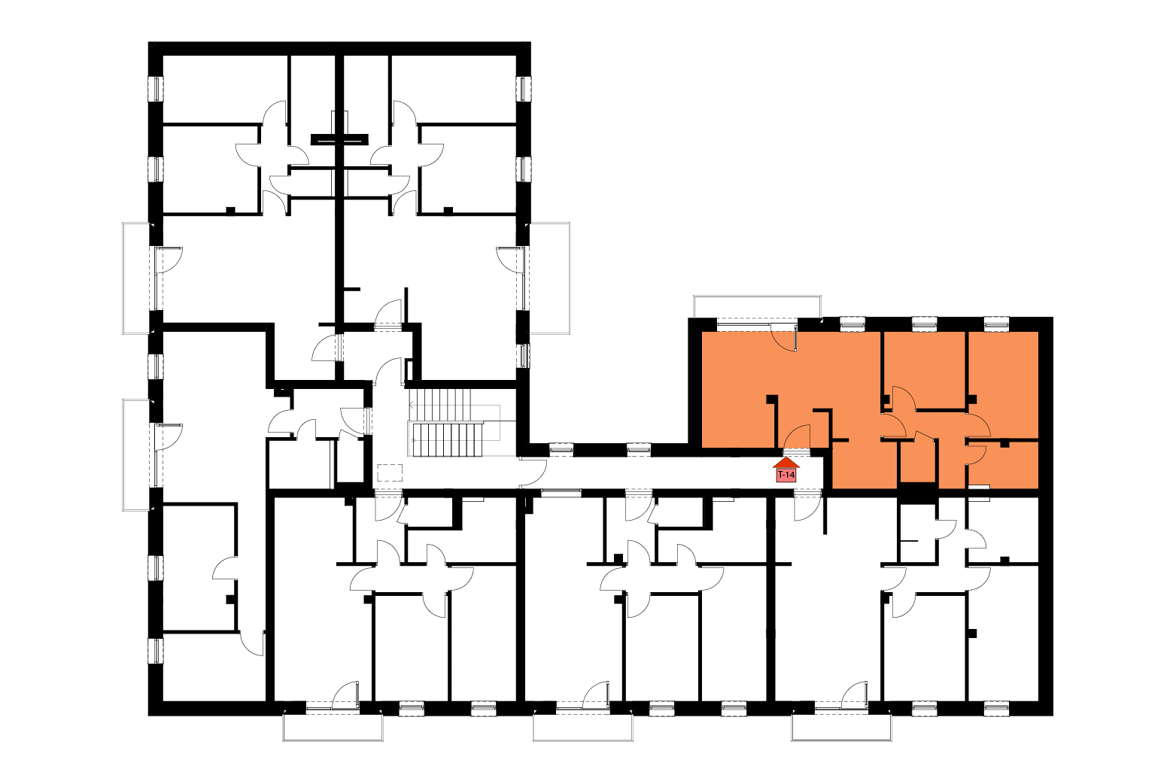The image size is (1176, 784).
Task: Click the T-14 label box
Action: coord(786,475)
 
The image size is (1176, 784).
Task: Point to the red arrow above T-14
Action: coord(786,463)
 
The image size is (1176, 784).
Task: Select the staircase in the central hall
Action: coord(454,423)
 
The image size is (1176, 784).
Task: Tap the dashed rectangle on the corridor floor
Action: coord(389,473)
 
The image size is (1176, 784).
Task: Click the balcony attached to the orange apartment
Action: coord(757,307)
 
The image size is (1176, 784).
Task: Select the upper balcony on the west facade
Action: coord(136,278)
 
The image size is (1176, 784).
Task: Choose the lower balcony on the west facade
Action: coord(136,454)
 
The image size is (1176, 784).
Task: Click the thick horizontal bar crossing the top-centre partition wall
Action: coord(339,139)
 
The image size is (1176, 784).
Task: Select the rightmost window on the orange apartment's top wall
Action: coord(996,324)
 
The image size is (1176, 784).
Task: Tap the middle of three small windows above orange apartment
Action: coord(925,324)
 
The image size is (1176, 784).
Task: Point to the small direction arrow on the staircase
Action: coord(412,405)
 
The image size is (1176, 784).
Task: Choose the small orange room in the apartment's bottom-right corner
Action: coord(1004,465)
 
